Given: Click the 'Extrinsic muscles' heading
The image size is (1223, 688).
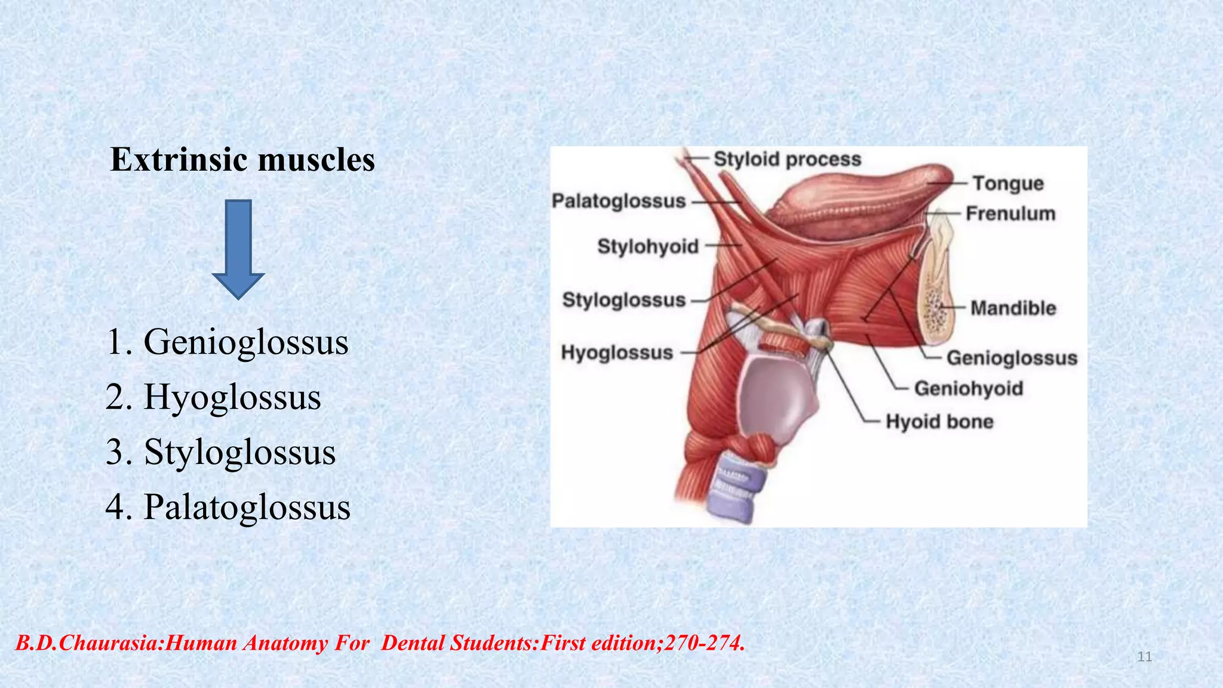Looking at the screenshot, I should (242, 160).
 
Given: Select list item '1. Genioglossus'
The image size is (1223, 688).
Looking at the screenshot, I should (228, 342).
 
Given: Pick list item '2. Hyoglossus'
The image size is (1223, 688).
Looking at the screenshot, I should (213, 397).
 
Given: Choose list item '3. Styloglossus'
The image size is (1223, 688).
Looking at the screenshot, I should (220, 452).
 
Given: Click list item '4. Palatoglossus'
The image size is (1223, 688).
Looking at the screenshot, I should (228, 507).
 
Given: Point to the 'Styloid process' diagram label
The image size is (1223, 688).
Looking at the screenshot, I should (787, 159).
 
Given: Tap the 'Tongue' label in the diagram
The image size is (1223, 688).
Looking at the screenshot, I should (1008, 183).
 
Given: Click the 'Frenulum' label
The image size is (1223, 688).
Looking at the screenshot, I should (1010, 213).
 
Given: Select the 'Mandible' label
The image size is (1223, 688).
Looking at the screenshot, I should (1013, 308).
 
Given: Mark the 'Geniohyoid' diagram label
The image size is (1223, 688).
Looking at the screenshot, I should (969, 388).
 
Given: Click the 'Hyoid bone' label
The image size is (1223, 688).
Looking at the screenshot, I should (939, 422).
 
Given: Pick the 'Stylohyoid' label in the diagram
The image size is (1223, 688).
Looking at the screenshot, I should (648, 246).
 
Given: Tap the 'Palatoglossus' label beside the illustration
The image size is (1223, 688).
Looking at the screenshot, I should (618, 201).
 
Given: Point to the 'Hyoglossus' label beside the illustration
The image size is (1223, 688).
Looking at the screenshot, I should (617, 353).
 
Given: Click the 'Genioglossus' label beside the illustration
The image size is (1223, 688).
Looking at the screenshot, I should (1012, 358).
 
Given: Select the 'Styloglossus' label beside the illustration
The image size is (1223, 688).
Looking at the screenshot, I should (623, 300).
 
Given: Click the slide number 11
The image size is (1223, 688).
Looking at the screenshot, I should (1144, 657).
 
